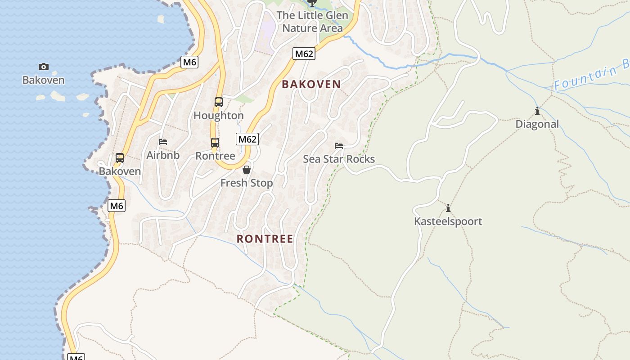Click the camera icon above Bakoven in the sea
coord(44,67)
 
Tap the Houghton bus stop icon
coord(219,102)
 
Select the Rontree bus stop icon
coord(215,143)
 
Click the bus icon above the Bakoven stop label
coord(120,158)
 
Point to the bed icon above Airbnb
coord(163,142)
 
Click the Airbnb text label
coord(163,155)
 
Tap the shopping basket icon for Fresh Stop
coord(247,170)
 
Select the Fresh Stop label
coord(247,183)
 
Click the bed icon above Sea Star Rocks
coord(339,146)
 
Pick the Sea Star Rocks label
coord(339,159)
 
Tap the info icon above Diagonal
coord(537,111)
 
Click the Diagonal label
coord(537,124)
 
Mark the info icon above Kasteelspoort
coord(448,208)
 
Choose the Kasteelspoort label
coord(448,221)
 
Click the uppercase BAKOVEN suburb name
coord(311,84)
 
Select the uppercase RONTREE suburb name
coord(265,239)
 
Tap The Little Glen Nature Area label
coord(312,22)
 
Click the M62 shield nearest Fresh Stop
coord(247,139)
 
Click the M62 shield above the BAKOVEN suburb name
coord(304,54)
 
